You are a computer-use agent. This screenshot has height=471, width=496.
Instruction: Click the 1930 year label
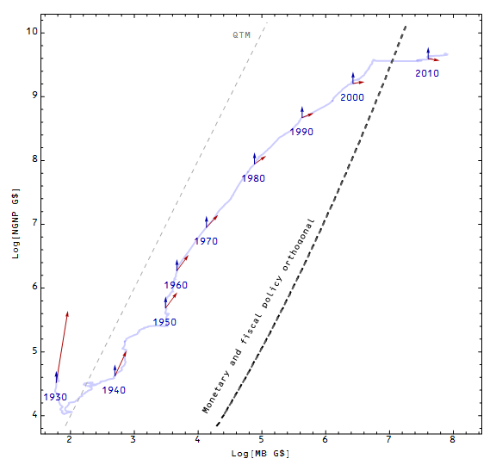(55, 397)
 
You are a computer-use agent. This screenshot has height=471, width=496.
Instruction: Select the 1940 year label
(114, 390)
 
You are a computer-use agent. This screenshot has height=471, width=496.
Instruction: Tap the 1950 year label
(164, 322)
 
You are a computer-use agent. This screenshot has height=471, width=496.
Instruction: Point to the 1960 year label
(176, 285)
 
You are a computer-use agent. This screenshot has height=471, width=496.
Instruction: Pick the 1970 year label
(205, 241)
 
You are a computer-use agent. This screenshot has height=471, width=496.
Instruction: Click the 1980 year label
(253, 178)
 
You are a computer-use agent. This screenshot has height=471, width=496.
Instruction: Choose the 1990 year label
(301, 132)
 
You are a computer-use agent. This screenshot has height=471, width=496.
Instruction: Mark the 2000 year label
(352, 97)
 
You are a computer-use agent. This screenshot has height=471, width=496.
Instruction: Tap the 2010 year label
(427, 73)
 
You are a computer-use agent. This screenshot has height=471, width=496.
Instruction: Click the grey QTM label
(242, 35)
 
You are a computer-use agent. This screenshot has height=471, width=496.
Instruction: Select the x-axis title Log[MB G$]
(259, 454)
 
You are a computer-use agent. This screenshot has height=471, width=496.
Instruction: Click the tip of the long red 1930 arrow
(67, 313)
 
